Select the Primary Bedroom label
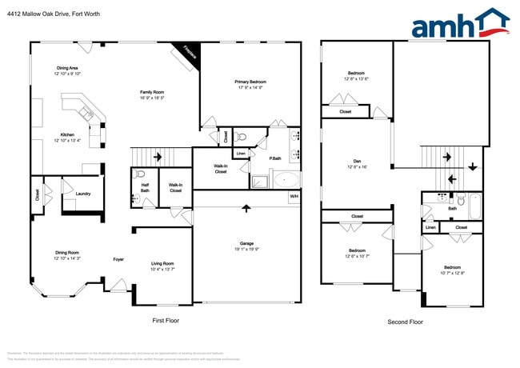(250, 85)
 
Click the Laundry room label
(82, 194)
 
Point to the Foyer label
(118, 258)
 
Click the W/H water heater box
(294, 196)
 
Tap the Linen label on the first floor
(241, 153)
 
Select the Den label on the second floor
(357, 163)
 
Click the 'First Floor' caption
(166, 320)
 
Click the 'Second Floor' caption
(404, 322)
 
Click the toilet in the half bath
(141, 174)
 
